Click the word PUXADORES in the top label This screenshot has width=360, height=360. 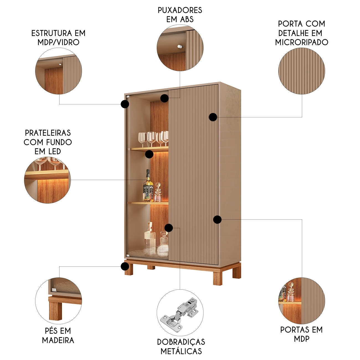point(180,10)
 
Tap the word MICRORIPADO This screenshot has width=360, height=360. point(302,42)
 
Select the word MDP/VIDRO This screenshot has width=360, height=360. point(58,42)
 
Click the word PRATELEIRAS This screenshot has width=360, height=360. point(48,133)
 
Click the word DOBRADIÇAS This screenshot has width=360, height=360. point(181,342)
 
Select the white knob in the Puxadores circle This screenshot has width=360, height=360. point(180,47)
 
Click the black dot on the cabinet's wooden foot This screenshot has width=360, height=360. point(125,266)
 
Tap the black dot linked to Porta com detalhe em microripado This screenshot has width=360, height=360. point(213,117)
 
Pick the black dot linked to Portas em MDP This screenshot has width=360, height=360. point(217,220)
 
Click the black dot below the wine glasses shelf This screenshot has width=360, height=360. point(149,154)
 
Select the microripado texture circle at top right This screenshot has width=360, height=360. point(302,71)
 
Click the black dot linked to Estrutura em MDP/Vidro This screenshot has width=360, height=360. point(125,104)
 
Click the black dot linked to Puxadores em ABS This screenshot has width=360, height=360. point(164,98)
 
